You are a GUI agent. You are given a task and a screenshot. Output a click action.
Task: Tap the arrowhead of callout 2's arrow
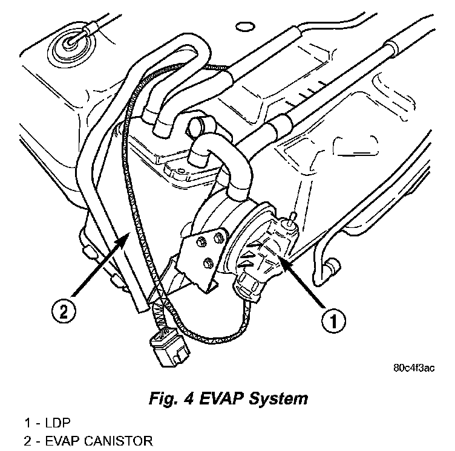pyautogui.click(x=125, y=232)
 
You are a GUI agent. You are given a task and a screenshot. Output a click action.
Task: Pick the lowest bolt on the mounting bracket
pyautogui.click(x=208, y=262)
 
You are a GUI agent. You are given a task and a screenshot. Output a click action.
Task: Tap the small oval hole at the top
pyautogui.click(x=245, y=27)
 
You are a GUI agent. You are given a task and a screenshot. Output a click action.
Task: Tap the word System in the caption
pyautogui.click(x=280, y=399)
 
